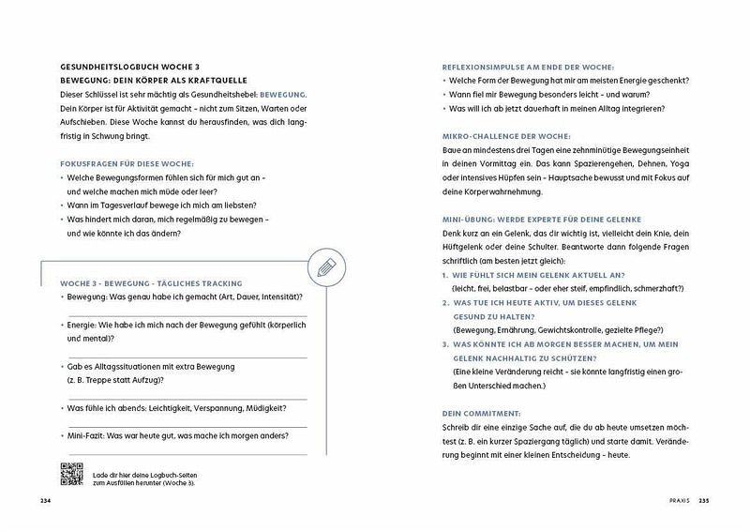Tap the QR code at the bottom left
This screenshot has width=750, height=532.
pos(71,476)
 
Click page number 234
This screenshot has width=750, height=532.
pos(45,501)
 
